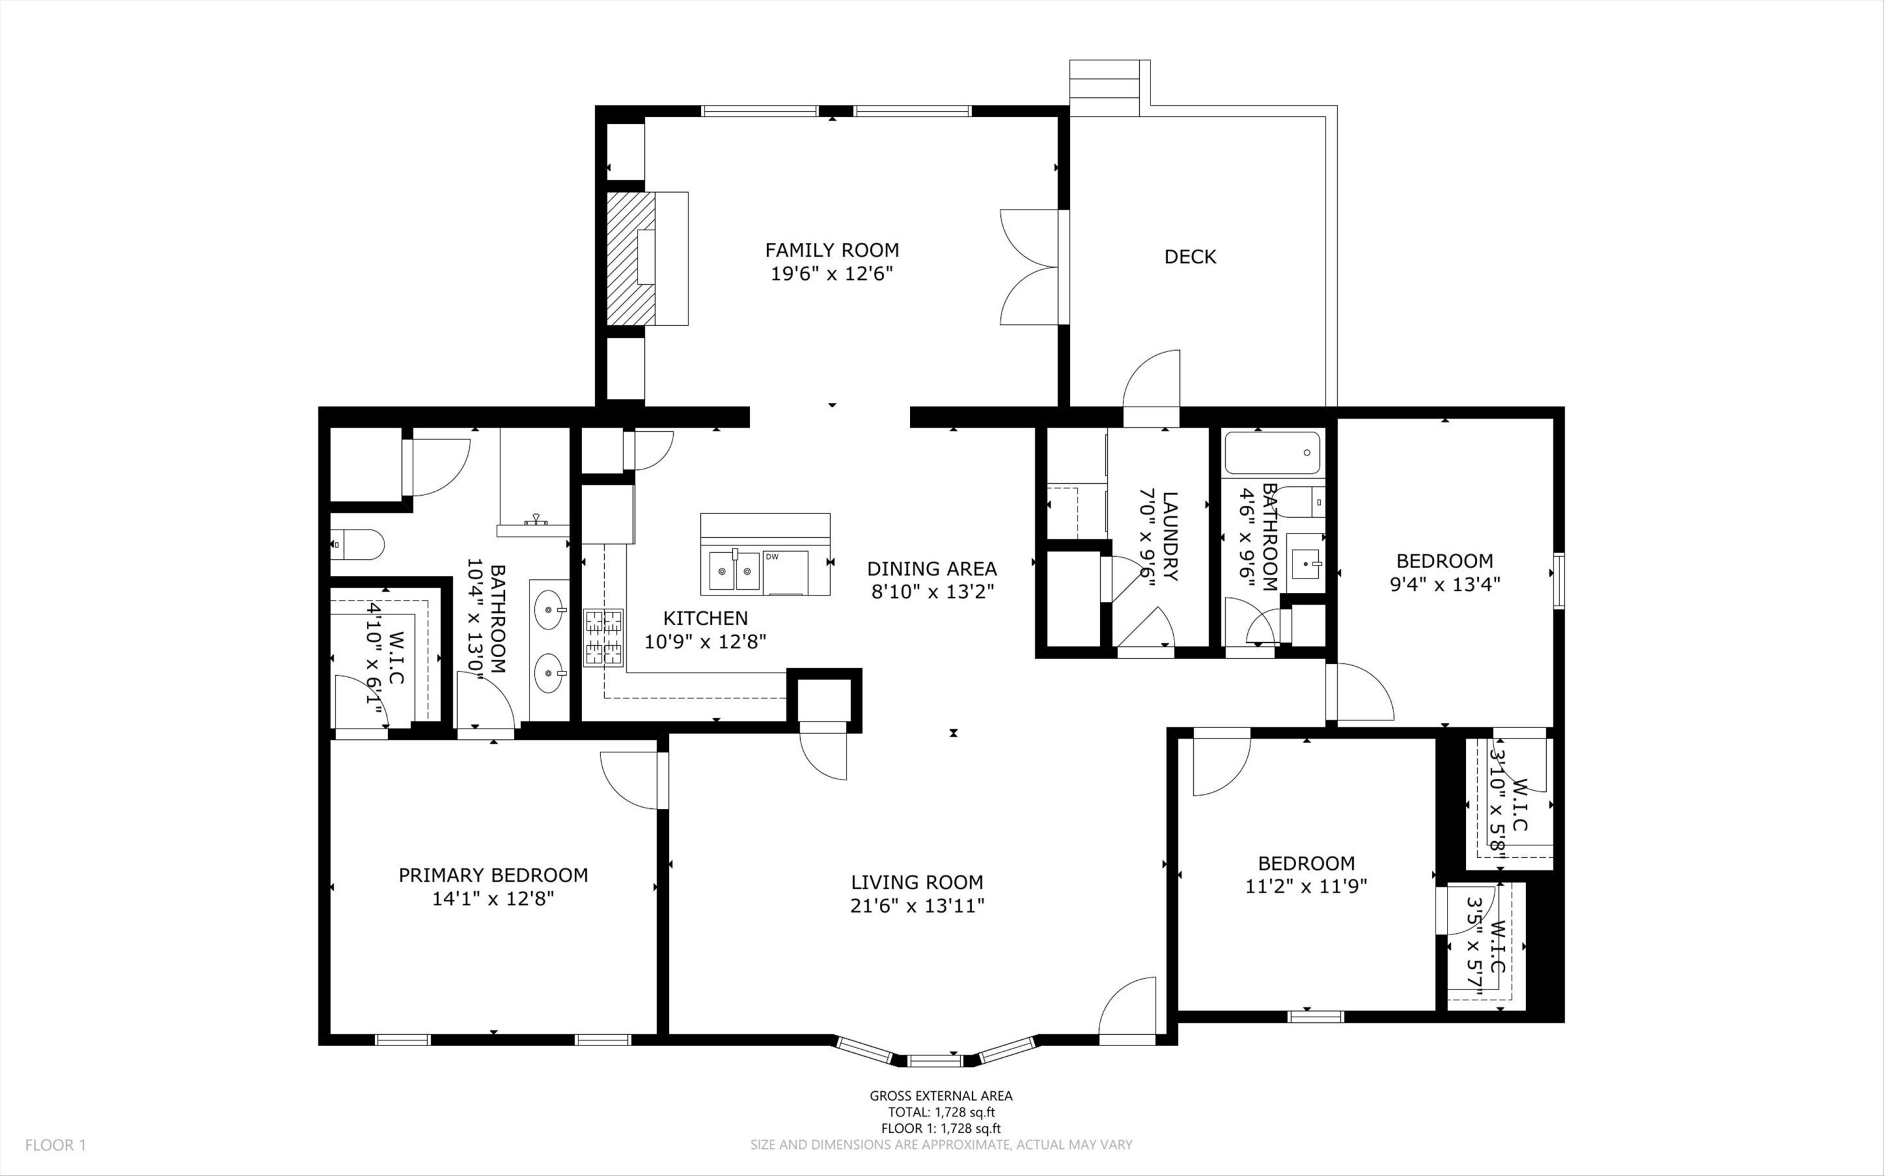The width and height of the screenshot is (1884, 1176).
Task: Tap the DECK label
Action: point(1190,257)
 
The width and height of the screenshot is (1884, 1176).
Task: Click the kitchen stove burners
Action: point(604,638)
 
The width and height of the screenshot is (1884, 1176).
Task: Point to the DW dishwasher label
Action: point(771,556)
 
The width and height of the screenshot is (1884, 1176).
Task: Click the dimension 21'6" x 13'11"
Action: point(918,906)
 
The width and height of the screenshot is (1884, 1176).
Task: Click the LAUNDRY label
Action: point(1169,536)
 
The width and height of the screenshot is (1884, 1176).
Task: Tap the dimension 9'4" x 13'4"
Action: point(1444,584)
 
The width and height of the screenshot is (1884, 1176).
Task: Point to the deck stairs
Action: point(1104,88)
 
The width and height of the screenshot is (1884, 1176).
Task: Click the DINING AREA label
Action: point(931,569)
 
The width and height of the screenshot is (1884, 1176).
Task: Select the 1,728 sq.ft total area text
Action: point(941,1112)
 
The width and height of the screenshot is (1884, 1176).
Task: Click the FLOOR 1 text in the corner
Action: point(55,1145)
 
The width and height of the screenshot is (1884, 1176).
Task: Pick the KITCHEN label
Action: point(705,618)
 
